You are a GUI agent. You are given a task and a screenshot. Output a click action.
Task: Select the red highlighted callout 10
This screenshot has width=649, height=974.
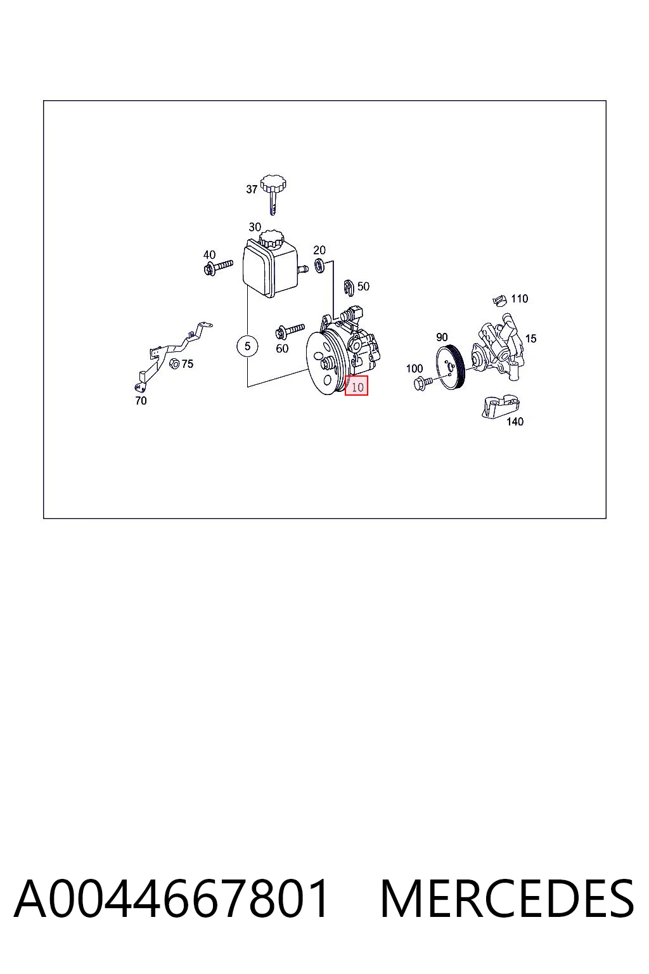(356, 386)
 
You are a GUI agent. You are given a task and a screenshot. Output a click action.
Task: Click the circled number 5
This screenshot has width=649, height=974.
(247, 346)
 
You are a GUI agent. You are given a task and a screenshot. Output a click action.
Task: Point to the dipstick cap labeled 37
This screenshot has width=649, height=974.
(273, 195)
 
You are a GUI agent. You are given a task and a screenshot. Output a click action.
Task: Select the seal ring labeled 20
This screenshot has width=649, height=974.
(319, 265)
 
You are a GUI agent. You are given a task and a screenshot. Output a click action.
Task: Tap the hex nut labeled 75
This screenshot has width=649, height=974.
(174, 363)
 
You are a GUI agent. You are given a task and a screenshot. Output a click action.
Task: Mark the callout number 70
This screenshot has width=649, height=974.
(141, 401)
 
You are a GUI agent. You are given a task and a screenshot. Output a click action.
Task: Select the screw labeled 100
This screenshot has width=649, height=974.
(422, 383)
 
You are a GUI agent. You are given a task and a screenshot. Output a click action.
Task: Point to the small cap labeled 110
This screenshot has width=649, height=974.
(500, 299)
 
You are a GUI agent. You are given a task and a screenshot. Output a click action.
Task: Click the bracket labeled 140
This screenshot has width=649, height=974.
(500, 406)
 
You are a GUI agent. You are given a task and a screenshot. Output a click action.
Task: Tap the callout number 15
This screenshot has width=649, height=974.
(530, 338)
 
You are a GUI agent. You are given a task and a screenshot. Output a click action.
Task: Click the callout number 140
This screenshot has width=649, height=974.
(515, 421)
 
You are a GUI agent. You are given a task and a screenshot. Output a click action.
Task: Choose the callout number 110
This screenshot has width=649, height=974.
(520, 299)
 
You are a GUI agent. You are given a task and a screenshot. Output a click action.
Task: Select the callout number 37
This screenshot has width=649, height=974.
(252, 189)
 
